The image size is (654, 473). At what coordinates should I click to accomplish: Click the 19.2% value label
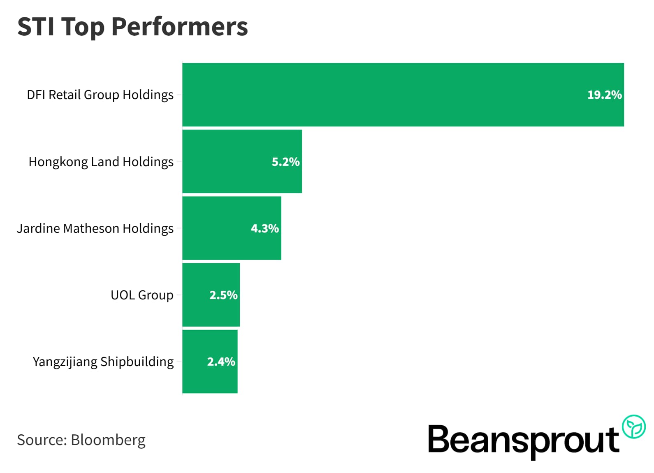point(604,95)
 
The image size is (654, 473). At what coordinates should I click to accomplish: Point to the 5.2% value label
point(285,162)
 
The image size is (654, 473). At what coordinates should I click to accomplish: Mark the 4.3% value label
point(265,228)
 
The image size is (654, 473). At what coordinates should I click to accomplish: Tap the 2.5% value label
point(223,295)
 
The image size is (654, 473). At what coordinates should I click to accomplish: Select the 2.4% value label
point(221,362)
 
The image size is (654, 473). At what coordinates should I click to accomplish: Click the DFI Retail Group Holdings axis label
point(100,95)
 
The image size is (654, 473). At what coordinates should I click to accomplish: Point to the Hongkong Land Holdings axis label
point(101,162)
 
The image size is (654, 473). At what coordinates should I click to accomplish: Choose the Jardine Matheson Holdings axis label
point(95,228)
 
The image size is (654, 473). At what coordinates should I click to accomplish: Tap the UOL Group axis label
point(142,295)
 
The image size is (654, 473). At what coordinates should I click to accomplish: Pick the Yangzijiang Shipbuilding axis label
point(103,362)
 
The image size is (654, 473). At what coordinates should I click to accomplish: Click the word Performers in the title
point(179,27)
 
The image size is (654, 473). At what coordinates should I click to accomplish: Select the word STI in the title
point(36,27)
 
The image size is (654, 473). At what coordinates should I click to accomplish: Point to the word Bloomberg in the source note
point(108,440)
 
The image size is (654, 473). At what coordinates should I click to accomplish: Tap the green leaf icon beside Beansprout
point(633,427)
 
